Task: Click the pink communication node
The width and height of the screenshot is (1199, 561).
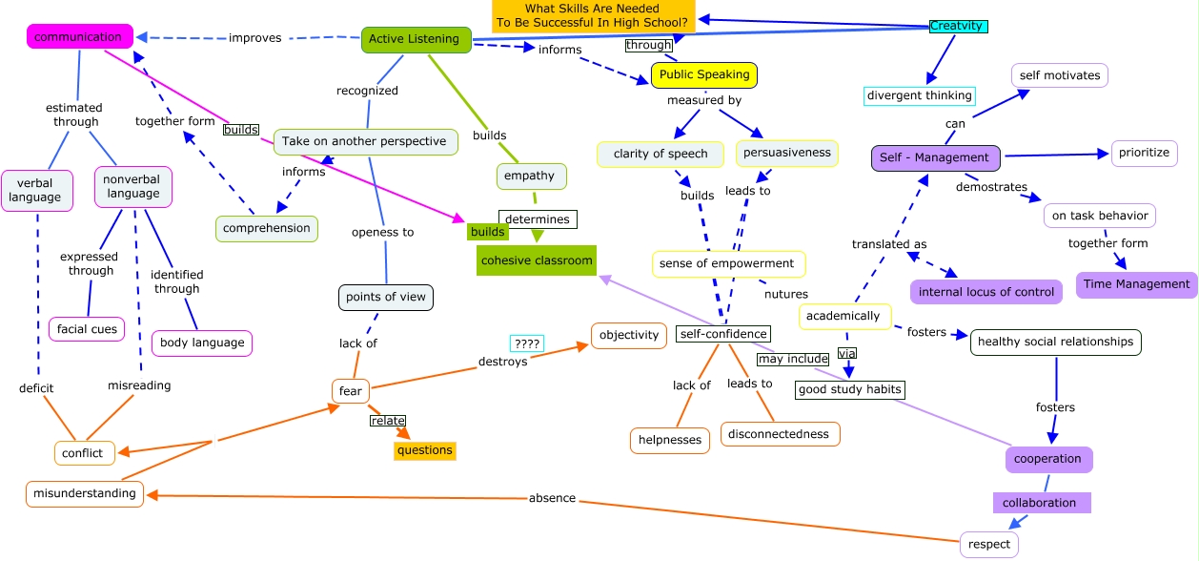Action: [x=78, y=37]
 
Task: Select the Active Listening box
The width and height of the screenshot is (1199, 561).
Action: [x=414, y=39]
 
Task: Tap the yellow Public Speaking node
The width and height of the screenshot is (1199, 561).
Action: [x=703, y=74]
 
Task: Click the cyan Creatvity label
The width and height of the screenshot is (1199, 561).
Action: [x=957, y=26]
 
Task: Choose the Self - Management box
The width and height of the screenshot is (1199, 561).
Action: [x=935, y=157]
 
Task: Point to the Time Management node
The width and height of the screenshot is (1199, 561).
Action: [x=1136, y=283]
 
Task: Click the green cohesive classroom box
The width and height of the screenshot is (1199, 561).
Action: [x=537, y=260]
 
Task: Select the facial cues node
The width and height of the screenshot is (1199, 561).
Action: [x=87, y=329]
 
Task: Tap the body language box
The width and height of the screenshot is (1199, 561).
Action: [x=202, y=343]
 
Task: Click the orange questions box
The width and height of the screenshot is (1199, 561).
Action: [x=424, y=450]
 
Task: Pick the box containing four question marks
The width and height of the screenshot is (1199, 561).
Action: [x=526, y=343]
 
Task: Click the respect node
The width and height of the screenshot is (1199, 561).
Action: [x=988, y=544]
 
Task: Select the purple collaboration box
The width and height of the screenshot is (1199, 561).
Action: [x=1039, y=502]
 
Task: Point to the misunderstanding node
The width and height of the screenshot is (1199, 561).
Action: [x=85, y=494]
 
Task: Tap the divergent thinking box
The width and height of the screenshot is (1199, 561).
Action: [x=920, y=95]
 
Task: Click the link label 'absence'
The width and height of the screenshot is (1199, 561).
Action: [x=552, y=498]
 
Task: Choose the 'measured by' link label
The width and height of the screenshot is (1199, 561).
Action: [x=703, y=100]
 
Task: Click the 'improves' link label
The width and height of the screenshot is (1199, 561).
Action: [x=254, y=38]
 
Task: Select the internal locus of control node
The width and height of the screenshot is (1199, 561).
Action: [x=986, y=292]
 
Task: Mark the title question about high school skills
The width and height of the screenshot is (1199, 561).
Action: [x=593, y=15]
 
